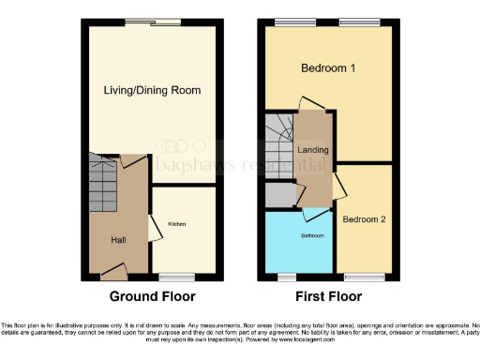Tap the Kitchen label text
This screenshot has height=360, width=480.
point(175,225)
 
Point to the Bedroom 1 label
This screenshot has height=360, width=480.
point(327,68)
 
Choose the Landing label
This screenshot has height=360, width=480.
point(312,149)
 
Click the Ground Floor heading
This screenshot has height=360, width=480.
point(152,296)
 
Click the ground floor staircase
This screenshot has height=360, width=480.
point(105,184)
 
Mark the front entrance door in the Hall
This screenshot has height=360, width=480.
point(114,273)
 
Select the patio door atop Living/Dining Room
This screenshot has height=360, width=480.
point(154,21)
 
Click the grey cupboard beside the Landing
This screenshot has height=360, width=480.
point(278,194)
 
